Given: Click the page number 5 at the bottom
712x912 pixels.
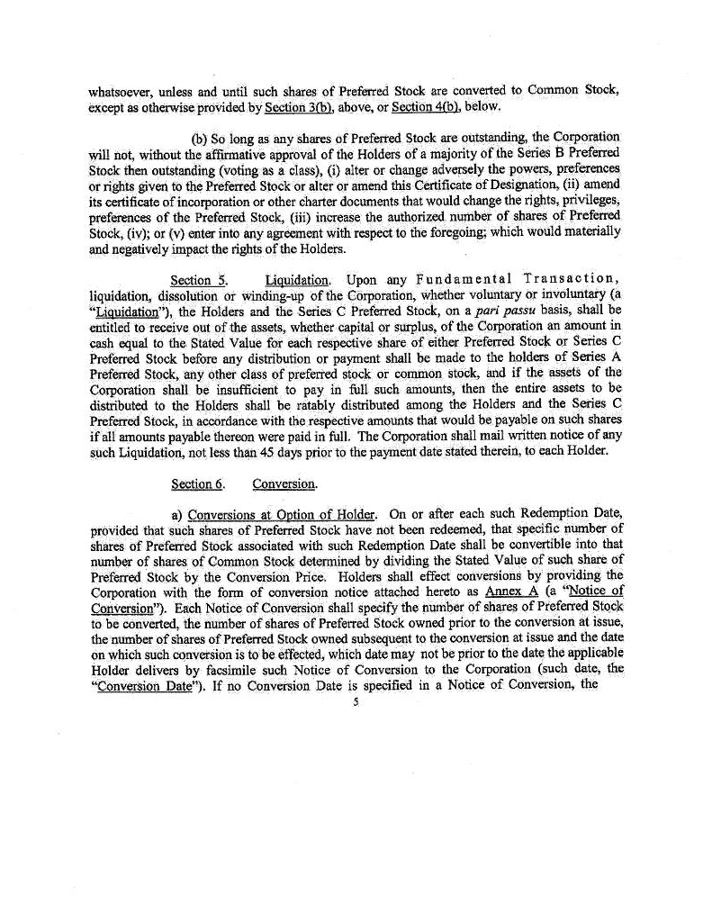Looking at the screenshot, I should [356, 703].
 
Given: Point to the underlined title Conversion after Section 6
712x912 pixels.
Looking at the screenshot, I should [284, 484].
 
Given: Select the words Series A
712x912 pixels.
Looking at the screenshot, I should [599, 357].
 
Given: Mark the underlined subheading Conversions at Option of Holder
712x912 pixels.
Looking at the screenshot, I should [281, 514].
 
